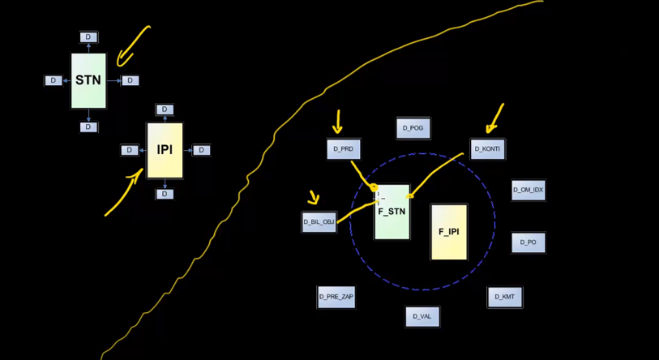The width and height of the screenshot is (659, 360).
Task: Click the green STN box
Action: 88,81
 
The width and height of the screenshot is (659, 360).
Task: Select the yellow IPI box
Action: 165,151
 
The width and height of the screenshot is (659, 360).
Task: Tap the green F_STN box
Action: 392,211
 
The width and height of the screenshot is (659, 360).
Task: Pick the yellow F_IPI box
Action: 449,232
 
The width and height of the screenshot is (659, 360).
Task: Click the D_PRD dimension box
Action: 343,149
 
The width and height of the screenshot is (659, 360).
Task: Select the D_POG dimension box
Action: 413,128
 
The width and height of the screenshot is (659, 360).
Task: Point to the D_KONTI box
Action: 487,149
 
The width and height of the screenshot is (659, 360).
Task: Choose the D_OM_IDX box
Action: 528,190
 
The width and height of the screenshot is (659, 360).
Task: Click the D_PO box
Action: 528,242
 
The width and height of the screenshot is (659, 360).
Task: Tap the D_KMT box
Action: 504,297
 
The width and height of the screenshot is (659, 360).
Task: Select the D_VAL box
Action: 422,316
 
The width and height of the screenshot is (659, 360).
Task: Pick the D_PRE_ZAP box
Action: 336,297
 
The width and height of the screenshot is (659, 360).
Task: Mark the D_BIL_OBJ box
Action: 319,221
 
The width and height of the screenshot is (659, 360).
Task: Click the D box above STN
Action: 88,37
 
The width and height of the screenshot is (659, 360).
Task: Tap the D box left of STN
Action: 53,80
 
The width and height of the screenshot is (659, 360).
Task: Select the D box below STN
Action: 88,127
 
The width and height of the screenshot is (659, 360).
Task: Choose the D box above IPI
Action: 165,109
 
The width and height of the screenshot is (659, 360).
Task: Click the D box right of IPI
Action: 202,150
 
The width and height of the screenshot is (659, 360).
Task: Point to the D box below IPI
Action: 165,195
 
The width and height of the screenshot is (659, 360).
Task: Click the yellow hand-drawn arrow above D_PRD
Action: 337,122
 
